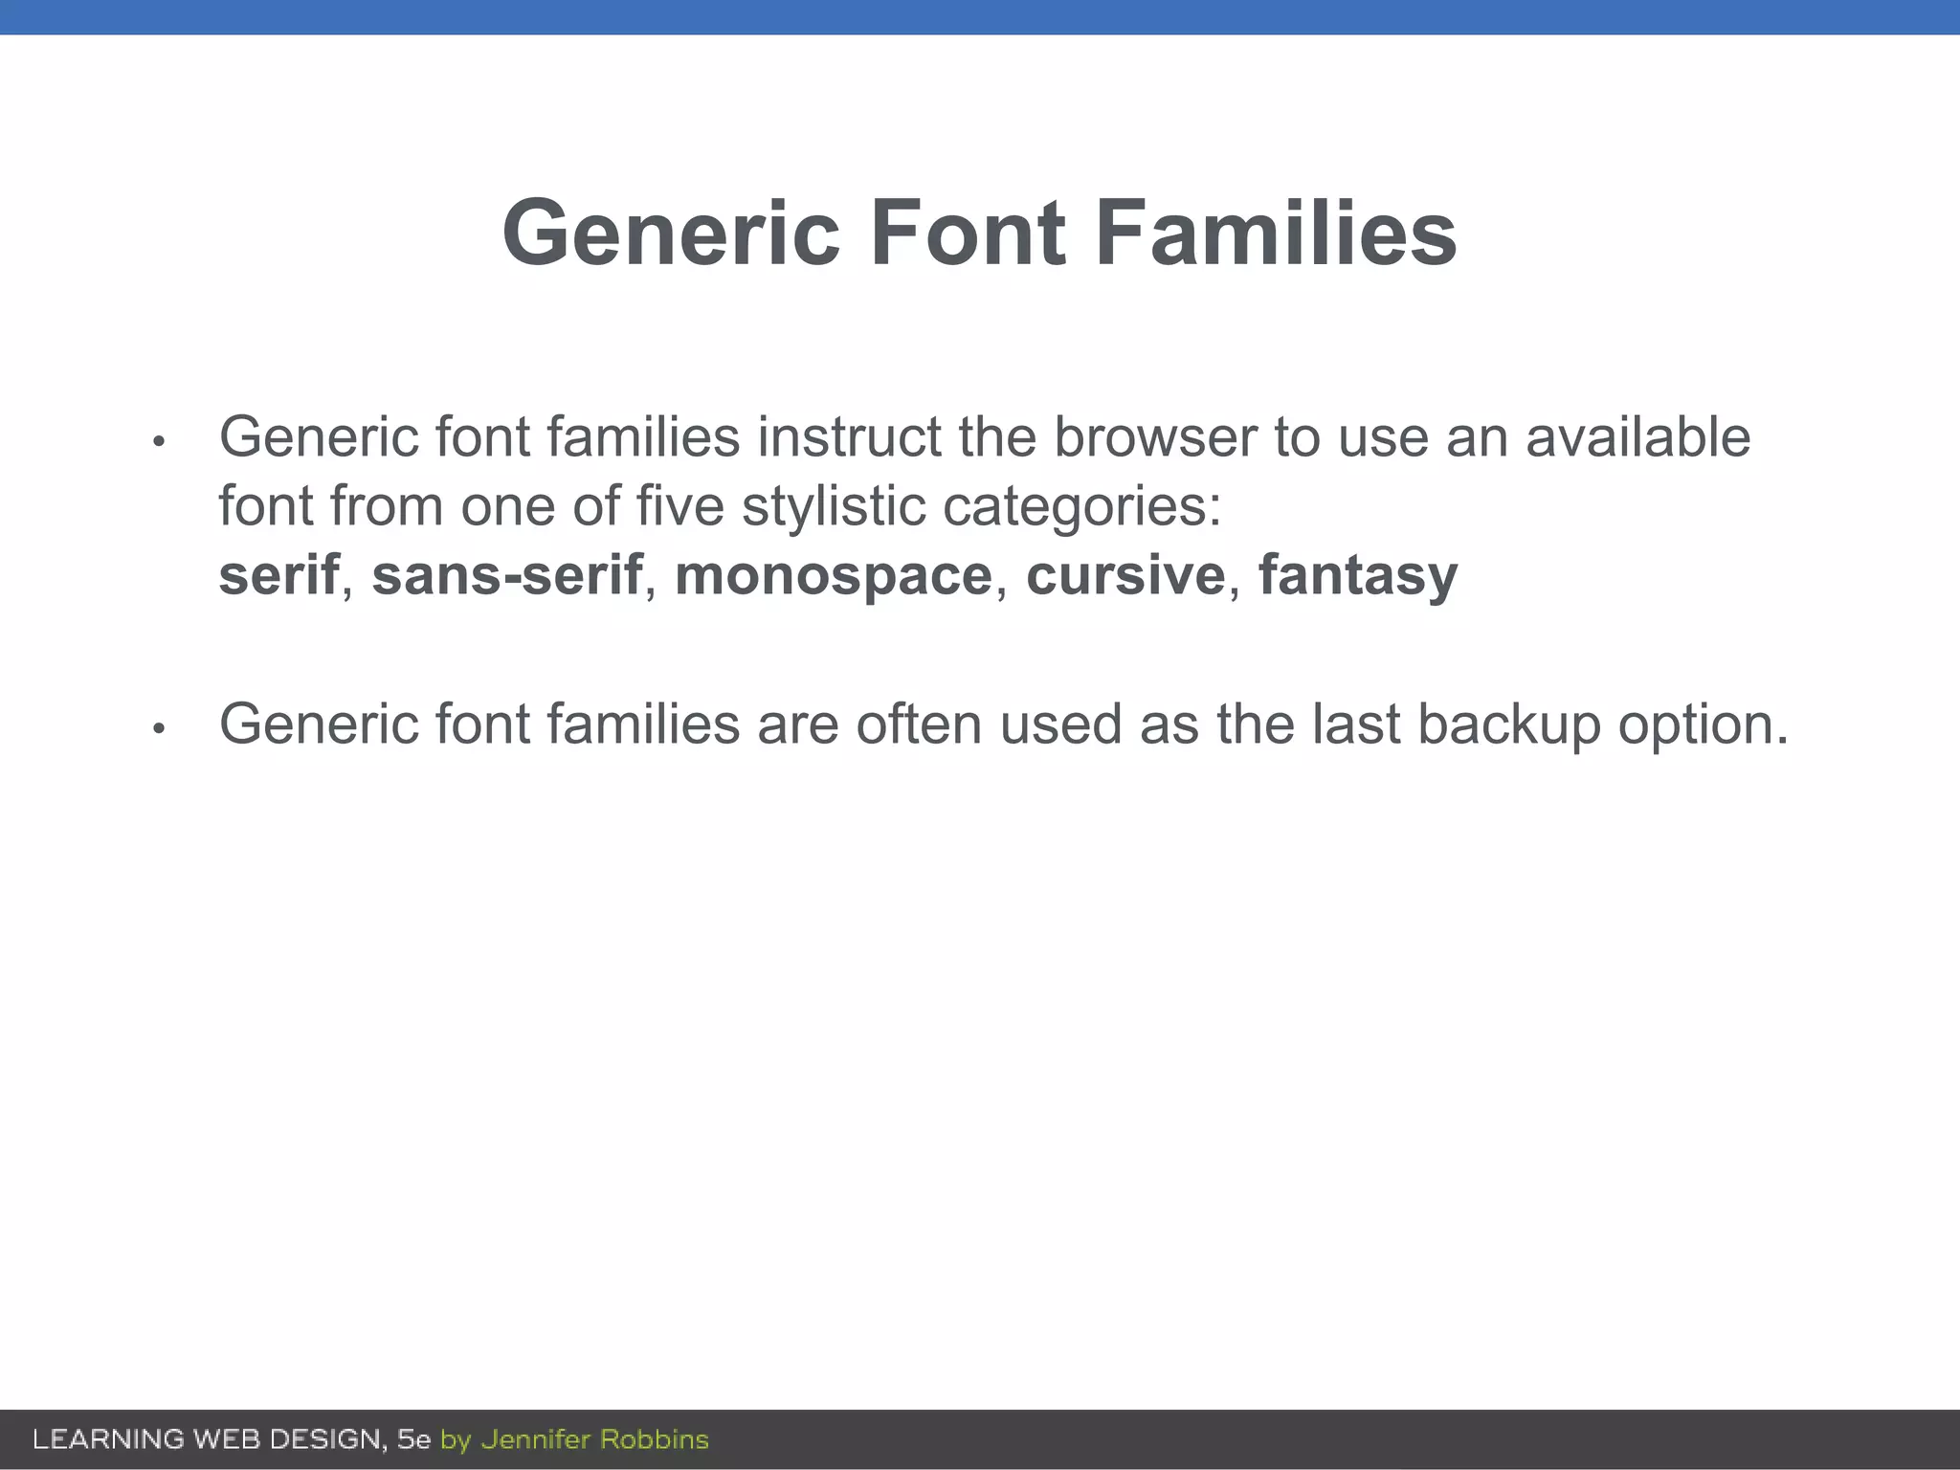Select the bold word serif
[x=278, y=575]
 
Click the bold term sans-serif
[x=506, y=575]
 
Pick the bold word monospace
[x=834, y=575]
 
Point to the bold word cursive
[x=1125, y=575]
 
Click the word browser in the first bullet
[x=1155, y=437]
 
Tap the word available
[x=1637, y=437]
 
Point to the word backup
[x=1508, y=725]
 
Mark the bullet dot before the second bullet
[x=159, y=729]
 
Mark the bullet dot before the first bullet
[x=159, y=442]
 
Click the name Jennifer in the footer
[x=534, y=1439]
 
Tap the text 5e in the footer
[x=413, y=1439]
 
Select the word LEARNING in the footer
[x=108, y=1439]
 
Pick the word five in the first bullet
[x=680, y=506]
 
